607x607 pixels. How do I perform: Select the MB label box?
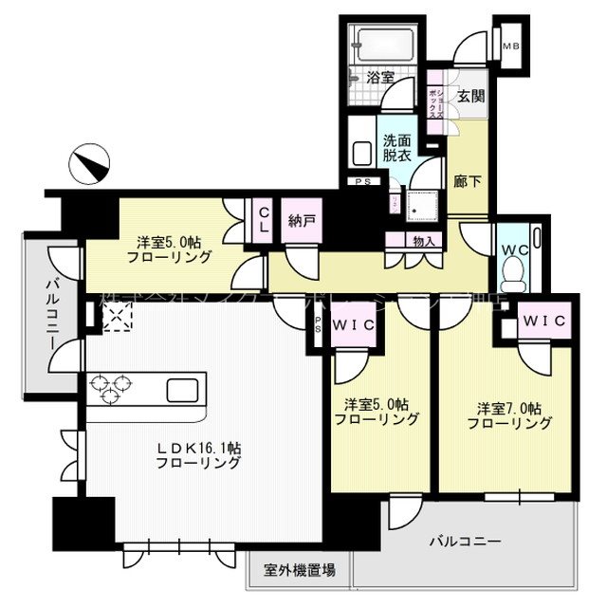511,46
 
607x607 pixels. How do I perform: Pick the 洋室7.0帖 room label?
509,416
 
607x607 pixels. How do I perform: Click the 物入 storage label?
425,242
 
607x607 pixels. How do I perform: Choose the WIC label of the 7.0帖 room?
543,322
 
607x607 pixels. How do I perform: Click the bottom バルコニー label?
464,542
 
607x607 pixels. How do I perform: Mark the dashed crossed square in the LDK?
117,320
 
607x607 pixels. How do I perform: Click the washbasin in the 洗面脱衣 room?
360,153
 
